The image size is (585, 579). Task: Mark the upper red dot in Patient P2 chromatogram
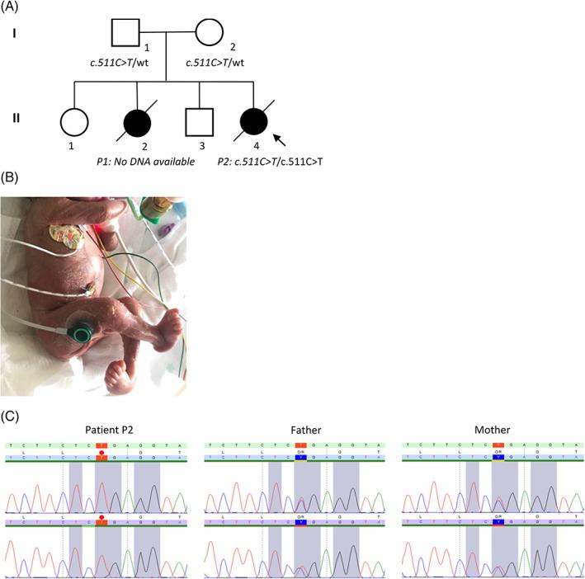point(101,453)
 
